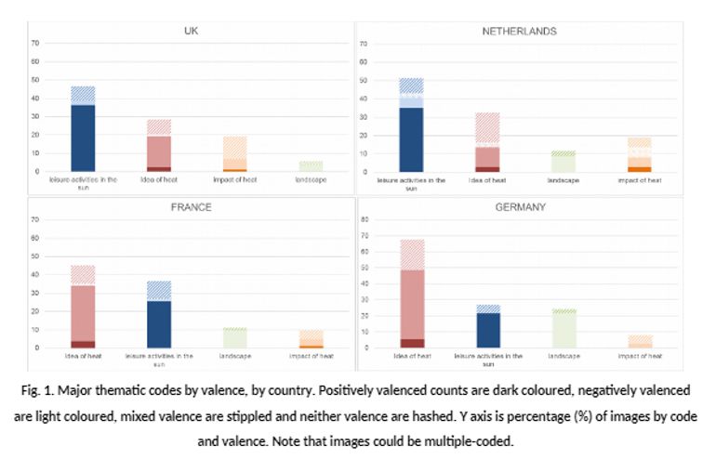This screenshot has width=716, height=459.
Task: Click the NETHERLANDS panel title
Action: pyautogui.click(x=519, y=31)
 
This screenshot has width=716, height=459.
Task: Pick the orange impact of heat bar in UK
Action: pyautogui.click(x=234, y=158)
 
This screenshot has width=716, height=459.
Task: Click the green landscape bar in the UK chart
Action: pyautogui.click(x=310, y=166)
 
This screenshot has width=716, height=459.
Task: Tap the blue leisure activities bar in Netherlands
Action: pyautogui.click(x=411, y=135)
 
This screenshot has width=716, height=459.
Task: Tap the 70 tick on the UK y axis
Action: pyautogui.click(x=36, y=43)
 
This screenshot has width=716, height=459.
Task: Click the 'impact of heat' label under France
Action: pyautogui.click(x=310, y=356)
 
